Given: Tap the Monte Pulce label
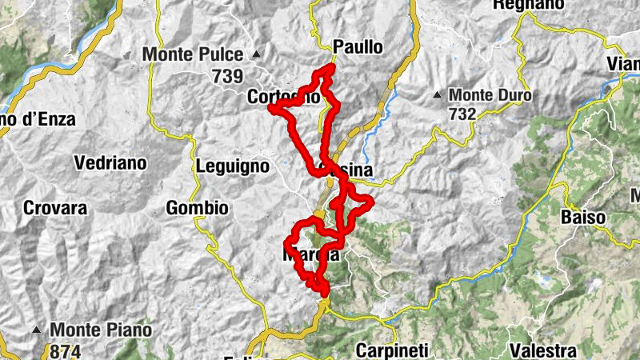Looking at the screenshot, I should click(x=192, y=55).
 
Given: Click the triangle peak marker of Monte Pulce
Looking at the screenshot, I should click(x=256, y=55).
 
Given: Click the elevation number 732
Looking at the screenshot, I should click(x=462, y=114).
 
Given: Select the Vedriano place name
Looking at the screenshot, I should click(x=110, y=163).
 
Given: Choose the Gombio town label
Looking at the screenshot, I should click(x=197, y=209).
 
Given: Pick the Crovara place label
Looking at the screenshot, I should click(x=54, y=209).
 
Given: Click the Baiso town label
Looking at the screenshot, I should click(x=582, y=217).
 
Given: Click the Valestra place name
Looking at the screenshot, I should click(x=543, y=350).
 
